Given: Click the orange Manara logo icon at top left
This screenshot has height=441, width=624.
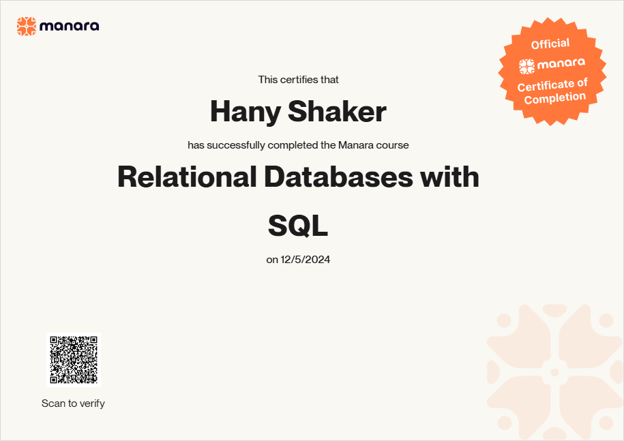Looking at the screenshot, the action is tap(27, 27).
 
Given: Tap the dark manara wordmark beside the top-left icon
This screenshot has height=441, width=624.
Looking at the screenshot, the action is tap(70, 27).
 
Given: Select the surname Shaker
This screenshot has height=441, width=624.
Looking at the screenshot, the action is tap(337, 111).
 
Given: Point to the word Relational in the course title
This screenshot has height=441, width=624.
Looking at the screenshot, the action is tap(187, 177).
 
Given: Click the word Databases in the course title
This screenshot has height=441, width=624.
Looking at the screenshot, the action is tap(338, 177).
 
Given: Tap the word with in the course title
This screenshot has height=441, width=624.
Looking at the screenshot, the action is tap(449, 177).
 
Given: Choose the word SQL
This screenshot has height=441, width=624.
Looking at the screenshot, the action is tap(298, 226).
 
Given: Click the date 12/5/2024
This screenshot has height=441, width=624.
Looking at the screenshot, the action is tap(306, 260).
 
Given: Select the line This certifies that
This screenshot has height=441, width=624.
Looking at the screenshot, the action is tap(299, 80).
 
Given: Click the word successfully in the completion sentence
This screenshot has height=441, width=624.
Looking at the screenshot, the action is tap(236, 145).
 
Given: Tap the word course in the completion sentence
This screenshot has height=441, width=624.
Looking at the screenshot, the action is tap(392, 145).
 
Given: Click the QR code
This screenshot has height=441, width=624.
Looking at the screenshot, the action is tap(74, 360).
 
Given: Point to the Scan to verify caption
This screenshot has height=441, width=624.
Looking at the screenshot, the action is tap(73, 404).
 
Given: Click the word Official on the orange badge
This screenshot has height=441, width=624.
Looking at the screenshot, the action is tap(550, 44).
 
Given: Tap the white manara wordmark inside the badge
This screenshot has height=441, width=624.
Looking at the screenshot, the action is tap(561, 63).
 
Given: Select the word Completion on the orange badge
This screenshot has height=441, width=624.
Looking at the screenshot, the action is tap(555, 98).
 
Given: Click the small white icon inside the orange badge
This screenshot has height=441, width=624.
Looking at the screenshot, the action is tap(527, 66).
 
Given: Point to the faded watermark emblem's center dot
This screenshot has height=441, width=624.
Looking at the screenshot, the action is tap(554, 372).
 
